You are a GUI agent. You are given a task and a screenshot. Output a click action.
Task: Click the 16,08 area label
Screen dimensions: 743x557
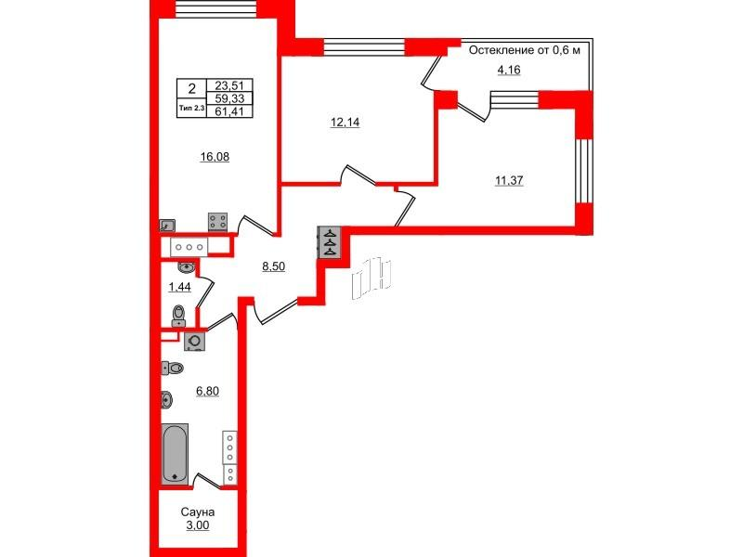[215, 157]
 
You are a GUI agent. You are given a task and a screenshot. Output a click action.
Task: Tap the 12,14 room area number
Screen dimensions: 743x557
[345, 123]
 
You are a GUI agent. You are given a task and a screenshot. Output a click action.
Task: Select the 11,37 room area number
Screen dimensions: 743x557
[509, 180]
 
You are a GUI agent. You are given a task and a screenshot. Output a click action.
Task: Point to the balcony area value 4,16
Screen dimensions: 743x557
[508, 71]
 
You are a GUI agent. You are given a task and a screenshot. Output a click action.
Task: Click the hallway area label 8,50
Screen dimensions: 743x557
[273, 266]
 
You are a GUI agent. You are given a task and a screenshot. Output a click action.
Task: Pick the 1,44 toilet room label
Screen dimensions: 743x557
[179, 287]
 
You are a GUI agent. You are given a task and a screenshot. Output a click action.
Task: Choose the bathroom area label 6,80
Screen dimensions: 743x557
[207, 391]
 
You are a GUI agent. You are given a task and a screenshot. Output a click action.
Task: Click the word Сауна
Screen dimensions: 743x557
[198, 512]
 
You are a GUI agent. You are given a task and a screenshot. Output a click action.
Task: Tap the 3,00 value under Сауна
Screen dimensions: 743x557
[198, 525]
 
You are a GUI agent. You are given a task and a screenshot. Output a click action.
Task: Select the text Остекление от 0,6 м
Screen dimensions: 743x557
[525, 50]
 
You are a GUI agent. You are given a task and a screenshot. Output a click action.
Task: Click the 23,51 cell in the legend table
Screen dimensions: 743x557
[229, 85]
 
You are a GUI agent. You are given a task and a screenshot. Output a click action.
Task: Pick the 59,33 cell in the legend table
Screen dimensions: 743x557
[229, 98]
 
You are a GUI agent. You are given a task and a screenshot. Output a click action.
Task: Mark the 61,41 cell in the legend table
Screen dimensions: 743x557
[229, 111]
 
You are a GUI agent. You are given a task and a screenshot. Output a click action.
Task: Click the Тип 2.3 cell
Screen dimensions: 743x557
[192, 109]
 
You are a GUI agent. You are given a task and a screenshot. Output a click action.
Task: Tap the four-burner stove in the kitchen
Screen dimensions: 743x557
[218, 221]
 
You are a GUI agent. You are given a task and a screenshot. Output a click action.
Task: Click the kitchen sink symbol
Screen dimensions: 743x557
[168, 226]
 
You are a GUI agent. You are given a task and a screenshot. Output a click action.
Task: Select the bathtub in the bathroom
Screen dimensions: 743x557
[175, 454]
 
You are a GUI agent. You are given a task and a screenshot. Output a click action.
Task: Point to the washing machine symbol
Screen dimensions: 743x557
[195, 341]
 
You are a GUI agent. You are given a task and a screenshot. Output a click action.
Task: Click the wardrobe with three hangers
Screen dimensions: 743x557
[330, 242]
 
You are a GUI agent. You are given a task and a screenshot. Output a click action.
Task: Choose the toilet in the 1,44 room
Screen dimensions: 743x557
[178, 316]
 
